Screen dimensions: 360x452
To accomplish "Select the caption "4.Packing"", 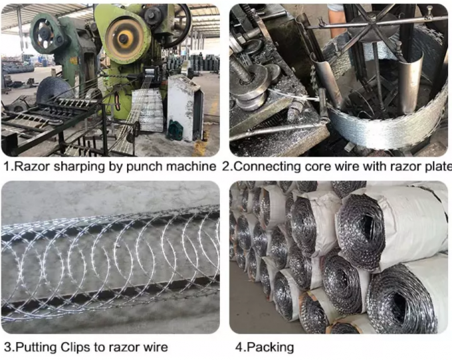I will pos(264,347).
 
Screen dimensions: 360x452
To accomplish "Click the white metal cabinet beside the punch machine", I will pos(184,106).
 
